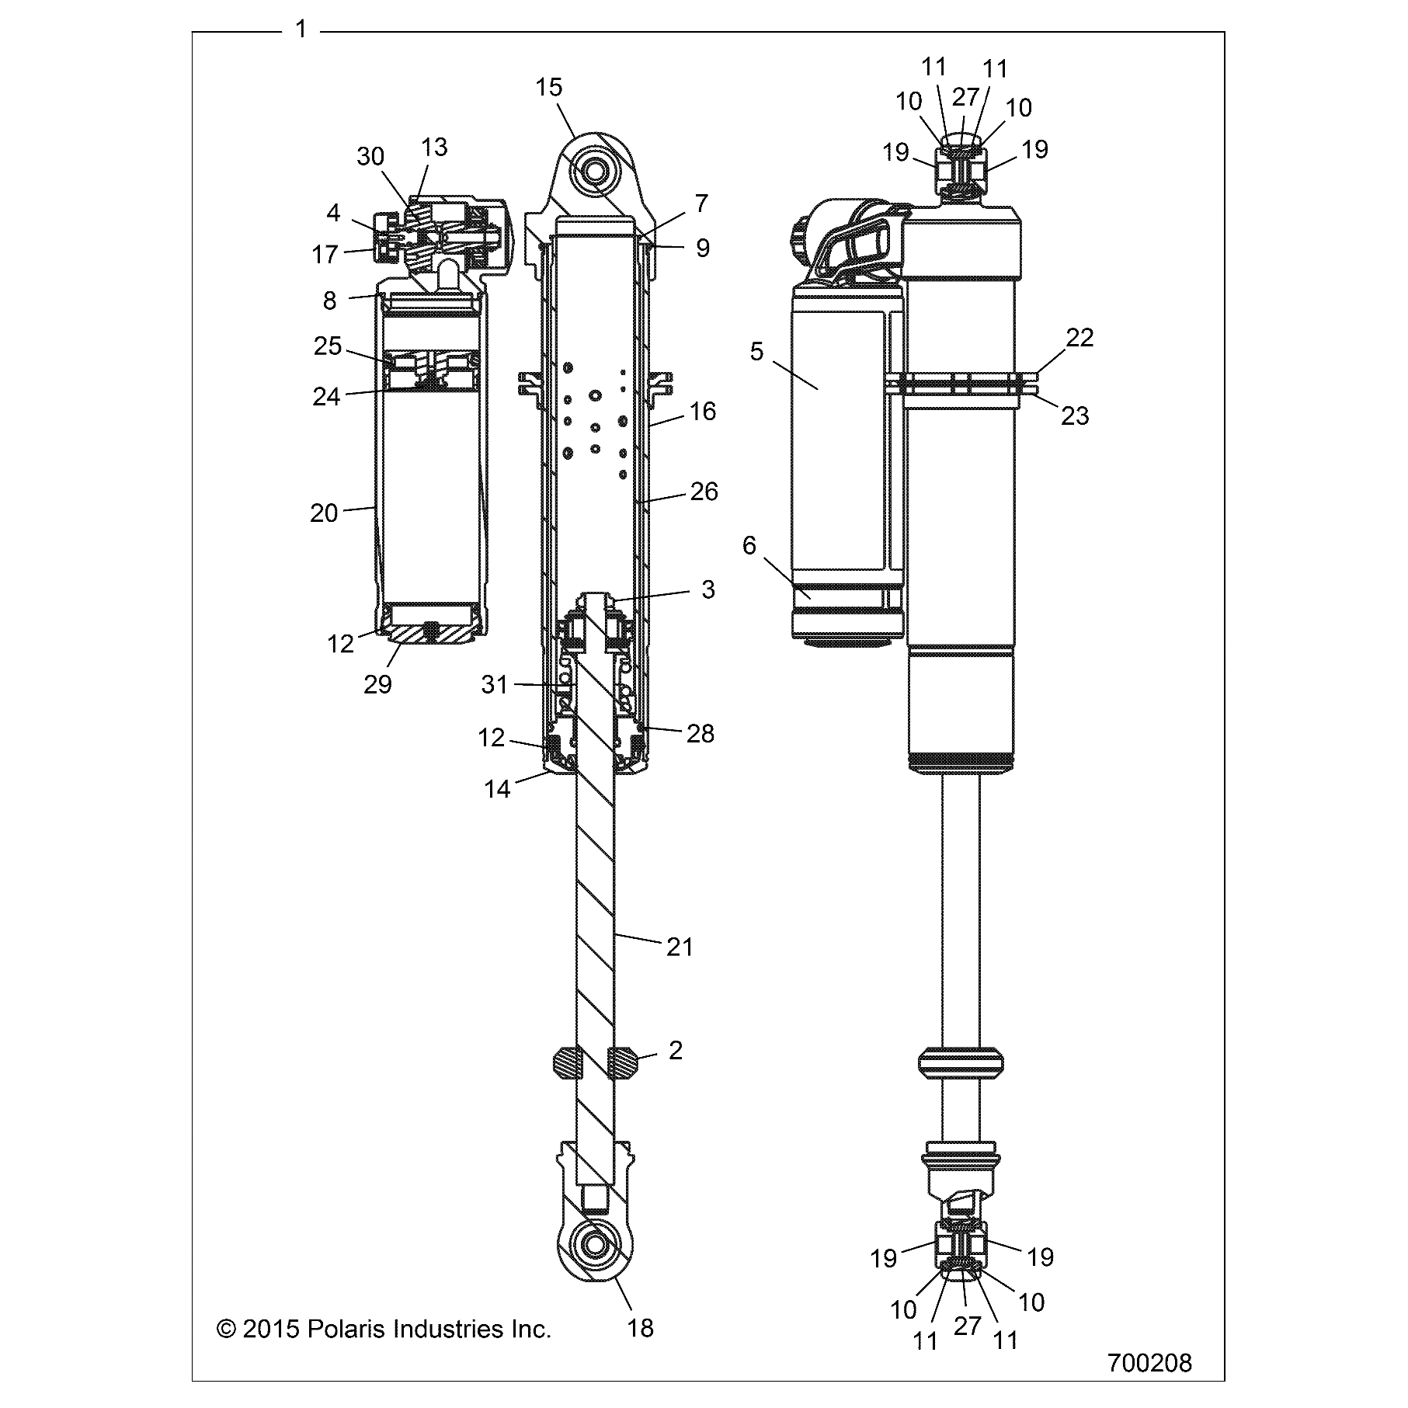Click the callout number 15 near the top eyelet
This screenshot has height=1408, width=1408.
click(x=548, y=87)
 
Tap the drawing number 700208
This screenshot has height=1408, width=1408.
click(x=1149, y=1363)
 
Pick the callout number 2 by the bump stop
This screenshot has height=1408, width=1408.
click(x=675, y=1051)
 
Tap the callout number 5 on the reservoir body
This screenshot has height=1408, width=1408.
click(x=756, y=351)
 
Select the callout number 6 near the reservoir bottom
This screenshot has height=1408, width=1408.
click(x=749, y=545)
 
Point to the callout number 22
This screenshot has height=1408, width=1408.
click(x=1079, y=337)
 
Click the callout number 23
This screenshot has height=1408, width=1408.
click(x=1075, y=416)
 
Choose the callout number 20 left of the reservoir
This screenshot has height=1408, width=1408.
click(x=324, y=513)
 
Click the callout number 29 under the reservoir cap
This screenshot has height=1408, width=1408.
click(x=377, y=684)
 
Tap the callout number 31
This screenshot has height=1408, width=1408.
click(x=494, y=684)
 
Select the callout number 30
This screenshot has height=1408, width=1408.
click(x=370, y=156)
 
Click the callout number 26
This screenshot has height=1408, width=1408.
click(x=704, y=491)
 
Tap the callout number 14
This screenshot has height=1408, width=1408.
click(x=497, y=789)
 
